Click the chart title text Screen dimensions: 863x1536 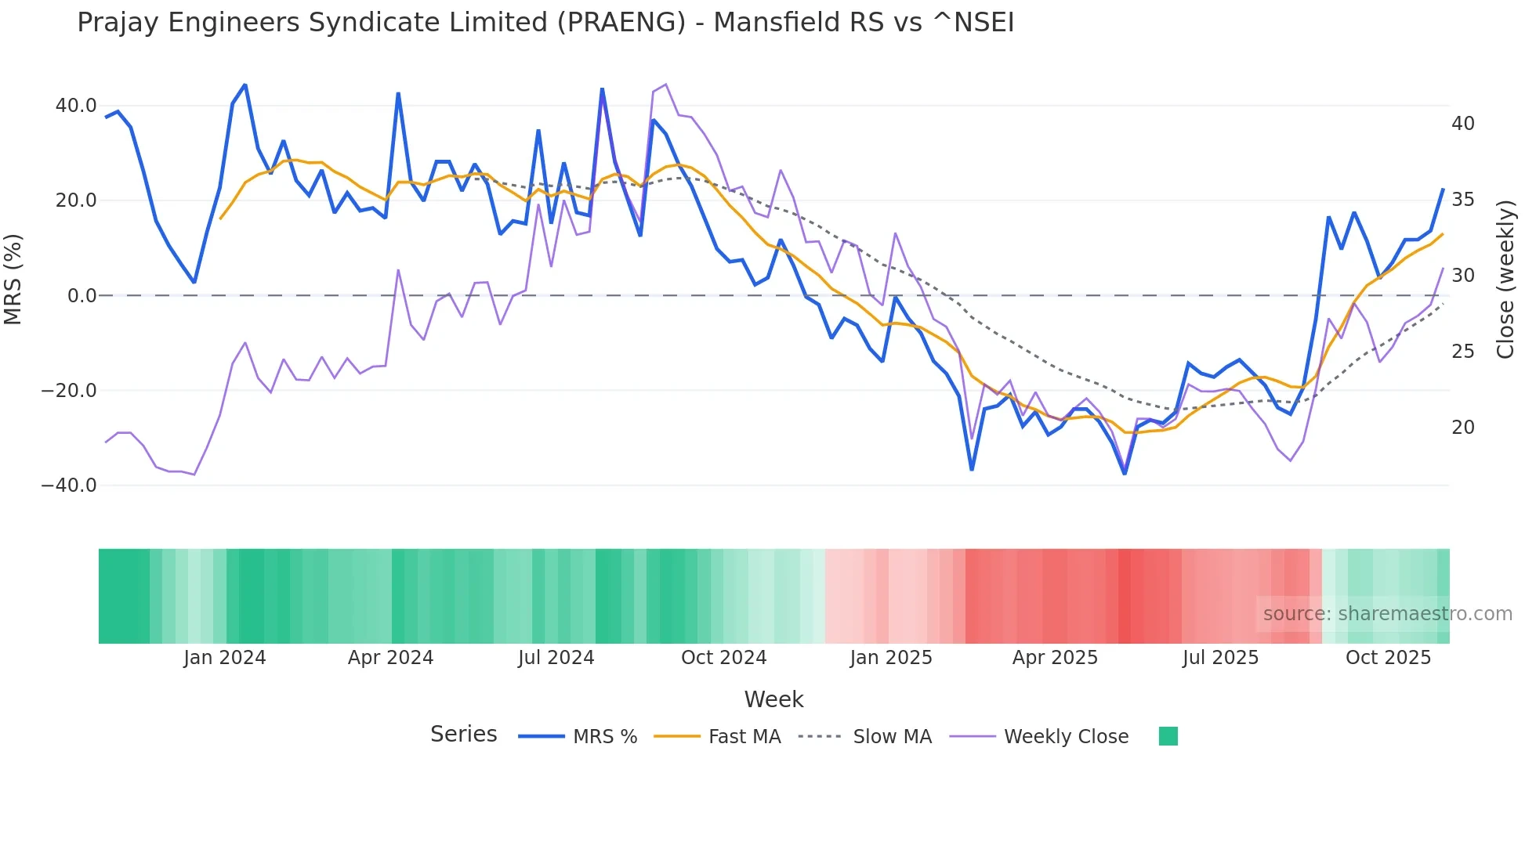click(x=545, y=23)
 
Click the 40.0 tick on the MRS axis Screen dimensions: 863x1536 click(x=76, y=106)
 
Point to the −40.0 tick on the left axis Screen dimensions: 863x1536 click(x=70, y=486)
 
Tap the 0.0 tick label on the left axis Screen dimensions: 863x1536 click(x=82, y=296)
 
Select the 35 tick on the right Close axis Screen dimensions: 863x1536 click(x=1462, y=200)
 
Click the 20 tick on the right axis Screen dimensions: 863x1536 click(x=1462, y=428)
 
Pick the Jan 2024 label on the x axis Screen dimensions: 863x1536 click(x=225, y=658)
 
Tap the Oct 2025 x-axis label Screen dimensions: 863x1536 click(x=1388, y=658)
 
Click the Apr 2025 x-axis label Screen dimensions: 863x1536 click(x=1055, y=658)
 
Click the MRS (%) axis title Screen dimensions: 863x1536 click(x=13, y=280)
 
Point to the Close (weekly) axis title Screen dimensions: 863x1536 click(x=1505, y=280)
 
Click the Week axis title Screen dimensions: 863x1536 click(x=773, y=699)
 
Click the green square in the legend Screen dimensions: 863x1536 click(x=1168, y=736)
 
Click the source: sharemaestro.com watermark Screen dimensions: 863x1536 click(x=1387, y=614)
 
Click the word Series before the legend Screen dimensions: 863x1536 click(x=463, y=735)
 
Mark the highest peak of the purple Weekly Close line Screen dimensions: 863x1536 click(x=665, y=85)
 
